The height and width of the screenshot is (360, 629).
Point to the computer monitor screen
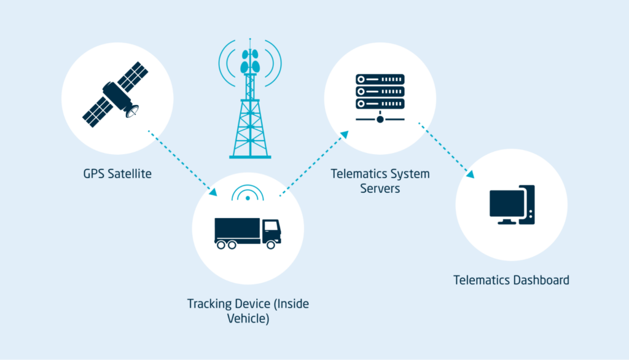tap(507, 203)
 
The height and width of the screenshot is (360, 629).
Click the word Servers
tap(380, 189)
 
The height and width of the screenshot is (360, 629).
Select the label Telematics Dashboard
tap(511, 280)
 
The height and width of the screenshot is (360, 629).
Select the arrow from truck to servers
tap(313, 164)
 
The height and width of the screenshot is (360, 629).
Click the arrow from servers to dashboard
tap(447, 150)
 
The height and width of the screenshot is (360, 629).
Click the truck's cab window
tap(270, 225)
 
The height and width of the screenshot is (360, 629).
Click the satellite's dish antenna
tap(131, 112)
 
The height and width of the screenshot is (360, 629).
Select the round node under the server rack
tap(380, 119)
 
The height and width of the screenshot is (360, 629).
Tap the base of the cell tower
tap(250, 156)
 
